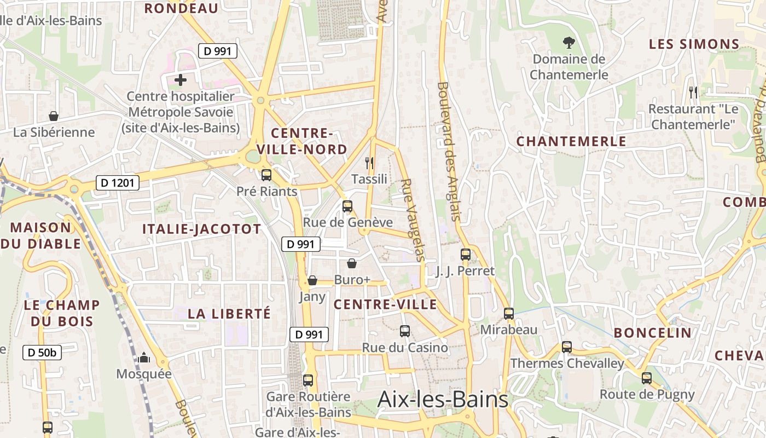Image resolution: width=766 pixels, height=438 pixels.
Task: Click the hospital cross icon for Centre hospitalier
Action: point(181,80)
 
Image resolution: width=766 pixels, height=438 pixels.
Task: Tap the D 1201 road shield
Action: point(118,183)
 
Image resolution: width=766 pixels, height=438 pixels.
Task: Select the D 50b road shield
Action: point(42,353)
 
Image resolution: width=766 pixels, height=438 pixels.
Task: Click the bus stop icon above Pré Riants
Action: point(266,175)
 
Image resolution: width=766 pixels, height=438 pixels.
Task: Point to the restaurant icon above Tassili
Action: point(369,163)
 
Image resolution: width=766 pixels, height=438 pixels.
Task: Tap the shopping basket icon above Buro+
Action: point(352,263)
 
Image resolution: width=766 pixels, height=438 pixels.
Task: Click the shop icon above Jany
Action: point(312,280)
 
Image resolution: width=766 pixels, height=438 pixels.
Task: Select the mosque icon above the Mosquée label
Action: point(144,358)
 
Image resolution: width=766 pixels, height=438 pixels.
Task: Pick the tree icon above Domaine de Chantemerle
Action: point(569,42)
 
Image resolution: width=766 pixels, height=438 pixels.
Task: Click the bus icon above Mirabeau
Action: point(509,314)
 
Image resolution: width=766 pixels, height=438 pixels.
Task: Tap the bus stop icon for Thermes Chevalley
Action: point(567,347)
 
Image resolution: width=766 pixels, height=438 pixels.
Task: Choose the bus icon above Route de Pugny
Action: point(647,378)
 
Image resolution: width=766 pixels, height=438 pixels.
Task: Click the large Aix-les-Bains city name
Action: point(443,400)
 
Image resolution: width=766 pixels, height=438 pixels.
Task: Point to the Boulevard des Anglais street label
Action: point(450,152)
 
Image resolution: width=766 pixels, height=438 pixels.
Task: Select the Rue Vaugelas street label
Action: point(413,219)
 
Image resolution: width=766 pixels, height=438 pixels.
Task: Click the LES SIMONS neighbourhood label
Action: point(694,44)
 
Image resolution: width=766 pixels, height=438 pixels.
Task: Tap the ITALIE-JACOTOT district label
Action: point(202,229)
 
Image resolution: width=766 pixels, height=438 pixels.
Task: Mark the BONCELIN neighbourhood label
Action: point(652,333)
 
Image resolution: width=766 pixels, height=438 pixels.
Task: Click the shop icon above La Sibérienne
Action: point(54,116)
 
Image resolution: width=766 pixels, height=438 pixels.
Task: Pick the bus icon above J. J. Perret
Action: point(465,255)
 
